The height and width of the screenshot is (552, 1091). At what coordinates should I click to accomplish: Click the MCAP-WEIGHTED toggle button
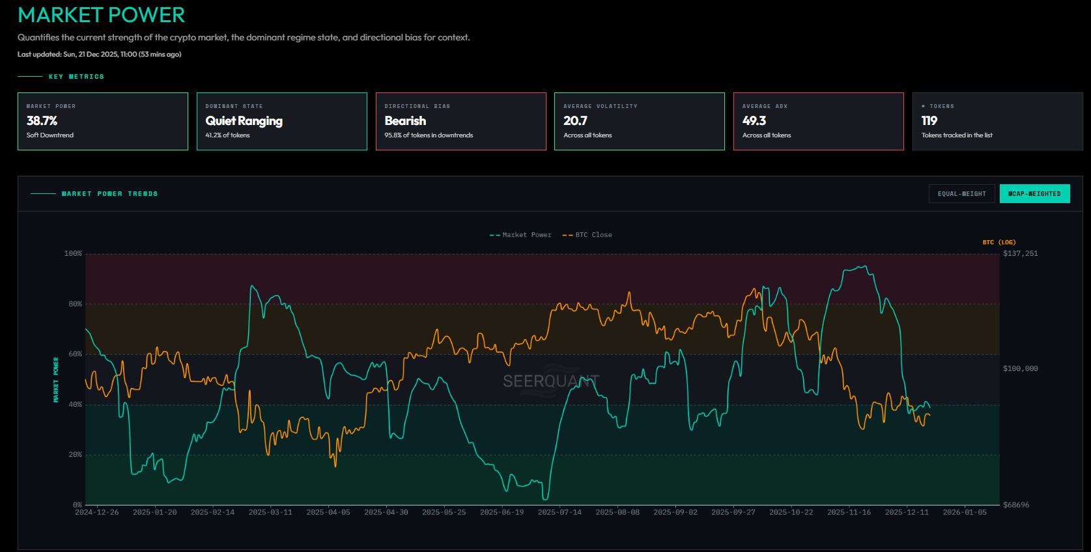click(x=1034, y=194)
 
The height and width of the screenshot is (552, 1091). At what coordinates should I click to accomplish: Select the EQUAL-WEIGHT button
click(x=961, y=194)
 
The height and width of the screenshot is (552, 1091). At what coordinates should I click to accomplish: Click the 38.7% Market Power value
click(x=42, y=121)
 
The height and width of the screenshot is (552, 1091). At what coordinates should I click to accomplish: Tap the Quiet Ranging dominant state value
click(x=244, y=121)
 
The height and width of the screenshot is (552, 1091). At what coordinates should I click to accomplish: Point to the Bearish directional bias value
click(x=405, y=121)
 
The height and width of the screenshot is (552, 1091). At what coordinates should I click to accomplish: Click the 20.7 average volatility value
click(x=575, y=121)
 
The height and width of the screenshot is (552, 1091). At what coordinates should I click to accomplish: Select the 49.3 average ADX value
click(x=754, y=121)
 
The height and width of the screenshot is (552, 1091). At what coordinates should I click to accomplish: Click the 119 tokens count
click(x=929, y=121)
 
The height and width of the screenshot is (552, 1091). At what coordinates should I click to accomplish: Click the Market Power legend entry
click(x=520, y=235)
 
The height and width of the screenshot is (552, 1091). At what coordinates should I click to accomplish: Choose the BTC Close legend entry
click(x=588, y=235)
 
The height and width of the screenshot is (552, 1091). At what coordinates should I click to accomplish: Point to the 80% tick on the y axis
click(x=76, y=304)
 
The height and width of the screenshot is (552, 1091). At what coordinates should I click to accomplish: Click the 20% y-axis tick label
click(x=76, y=455)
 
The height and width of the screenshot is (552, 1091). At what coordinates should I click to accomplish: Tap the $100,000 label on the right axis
click(x=1021, y=368)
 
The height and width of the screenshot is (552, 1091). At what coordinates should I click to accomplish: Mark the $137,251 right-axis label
click(x=1021, y=254)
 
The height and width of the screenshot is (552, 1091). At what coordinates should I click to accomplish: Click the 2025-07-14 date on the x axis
click(x=560, y=512)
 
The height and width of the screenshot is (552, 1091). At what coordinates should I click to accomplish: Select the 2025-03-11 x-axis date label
click(x=270, y=512)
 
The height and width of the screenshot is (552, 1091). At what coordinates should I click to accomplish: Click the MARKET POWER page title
click(x=102, y=15)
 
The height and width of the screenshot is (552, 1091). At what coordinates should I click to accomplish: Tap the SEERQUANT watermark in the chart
click(x=550, y=381)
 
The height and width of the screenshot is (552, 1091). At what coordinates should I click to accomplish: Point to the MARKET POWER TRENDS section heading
click(x=109, y=194)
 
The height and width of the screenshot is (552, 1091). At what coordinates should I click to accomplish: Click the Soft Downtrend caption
click(x=50, y=135)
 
